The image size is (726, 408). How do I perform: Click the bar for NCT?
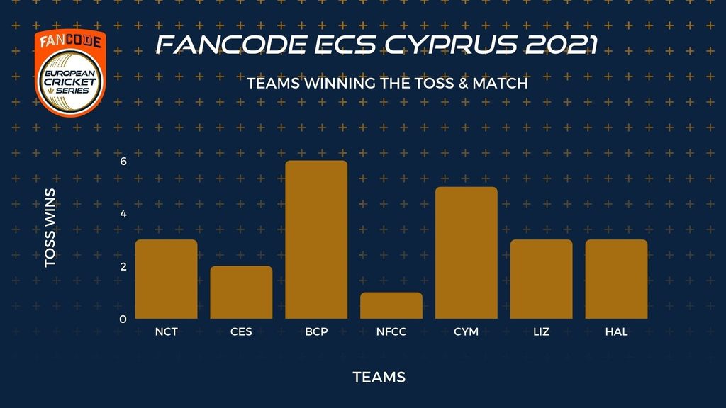tap(166, 279)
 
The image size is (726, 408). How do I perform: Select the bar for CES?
tap(241, 292)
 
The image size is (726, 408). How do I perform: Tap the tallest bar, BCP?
tap(316, 239)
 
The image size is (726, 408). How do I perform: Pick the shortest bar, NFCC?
tap(391, 305)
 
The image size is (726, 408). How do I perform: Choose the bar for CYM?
tap(467, 253)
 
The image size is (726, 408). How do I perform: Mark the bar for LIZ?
tap(541, 279)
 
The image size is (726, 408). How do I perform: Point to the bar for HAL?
tap(616, 279)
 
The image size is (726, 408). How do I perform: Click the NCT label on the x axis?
tap(166, 331)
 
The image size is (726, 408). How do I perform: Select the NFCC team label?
tap(391, 331)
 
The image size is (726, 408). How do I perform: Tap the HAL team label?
tap(616, 331)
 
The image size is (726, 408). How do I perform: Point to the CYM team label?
tap(467, 331)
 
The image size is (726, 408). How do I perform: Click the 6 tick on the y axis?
tap(123, 161)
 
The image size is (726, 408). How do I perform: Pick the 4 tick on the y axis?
tap(123, 214)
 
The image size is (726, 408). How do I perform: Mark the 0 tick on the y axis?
tap(123, 319)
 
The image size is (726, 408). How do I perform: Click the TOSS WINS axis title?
tap(50, 227)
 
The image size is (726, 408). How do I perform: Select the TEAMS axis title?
tap(379, 378)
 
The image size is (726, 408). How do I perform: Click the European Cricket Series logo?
tap(70, 73)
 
